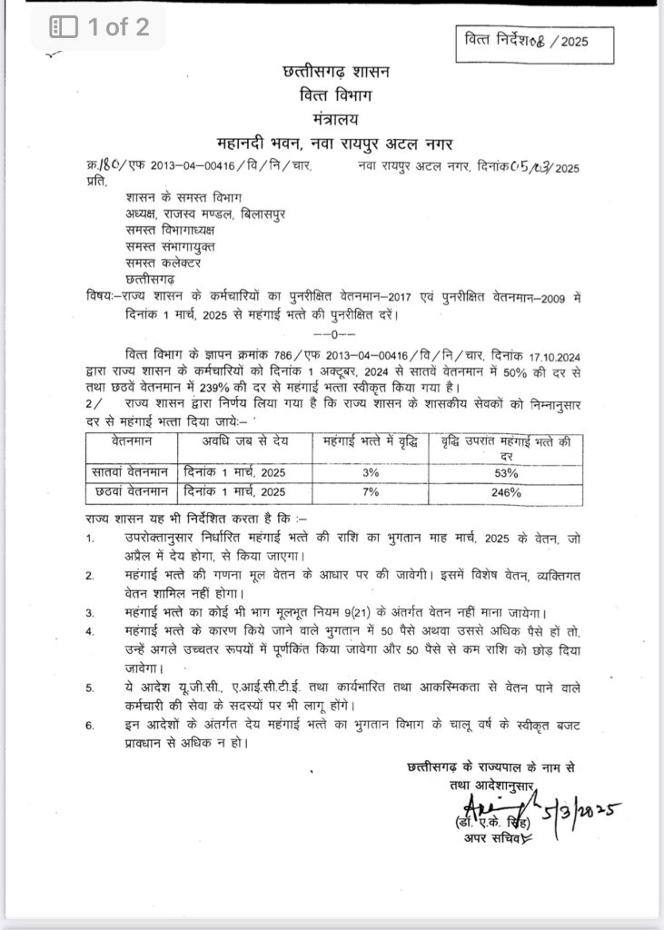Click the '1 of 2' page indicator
[x=100, y=28]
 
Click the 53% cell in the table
[x=507, y=473]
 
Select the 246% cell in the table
[x=507, y=492]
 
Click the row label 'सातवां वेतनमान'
[x=130, y=473]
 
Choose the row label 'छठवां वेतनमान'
[x=130, y=492]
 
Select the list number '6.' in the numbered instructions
[x=90, y=725]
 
